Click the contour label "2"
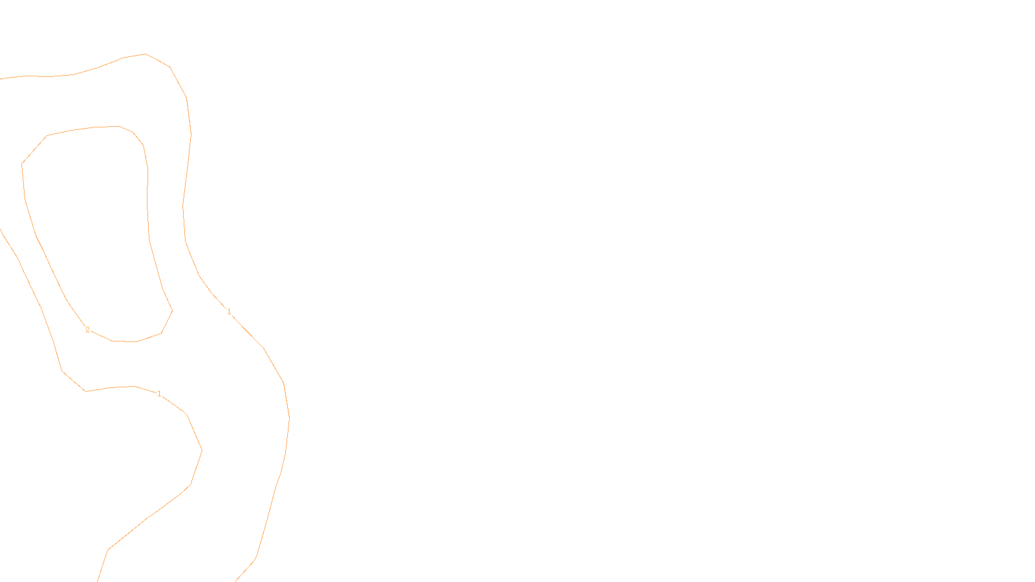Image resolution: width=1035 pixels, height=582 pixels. pyautogui.click(x=88, y=330)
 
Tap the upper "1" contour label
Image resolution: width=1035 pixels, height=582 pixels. pyautogui.click(x=229, y=312)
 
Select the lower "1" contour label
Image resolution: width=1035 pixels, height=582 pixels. pyautogui.click(x=159, y=394)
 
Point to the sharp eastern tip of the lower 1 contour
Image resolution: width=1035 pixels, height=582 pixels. pyautogui.click(x=202, y=451)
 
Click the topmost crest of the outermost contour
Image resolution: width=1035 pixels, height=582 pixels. pyautogui.click(x=146, y=54)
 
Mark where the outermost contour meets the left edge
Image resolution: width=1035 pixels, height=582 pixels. pyautogui.click(x=1, y=79)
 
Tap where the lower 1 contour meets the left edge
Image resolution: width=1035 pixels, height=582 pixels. pyautogui.click(x=1, y=230)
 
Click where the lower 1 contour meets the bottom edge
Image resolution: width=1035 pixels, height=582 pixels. pyautogui.click(x=98, y=581)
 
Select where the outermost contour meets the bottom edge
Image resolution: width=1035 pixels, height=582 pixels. pyautogui.click(x=235, y=581)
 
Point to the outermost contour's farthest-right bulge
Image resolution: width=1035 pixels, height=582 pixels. pyautogui.click(x=289, y=419)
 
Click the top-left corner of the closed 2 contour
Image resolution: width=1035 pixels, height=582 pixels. pyautogui.click(x=47, y=136)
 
